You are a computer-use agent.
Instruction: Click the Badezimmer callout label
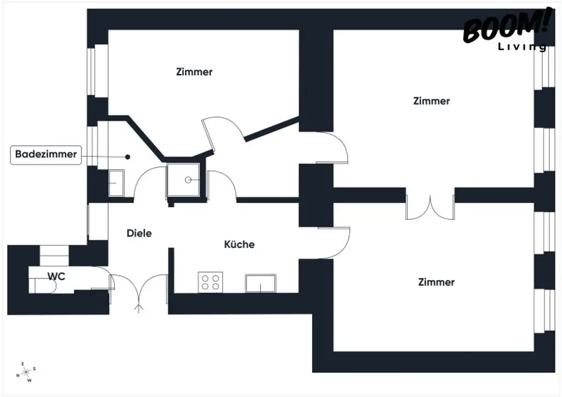tap(46, 155)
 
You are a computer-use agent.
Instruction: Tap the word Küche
tap(239, 245)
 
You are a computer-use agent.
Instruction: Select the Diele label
tap(139, 233)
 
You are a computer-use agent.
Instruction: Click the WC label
tap(56, 277)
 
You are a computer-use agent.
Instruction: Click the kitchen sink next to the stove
tap(261, 283)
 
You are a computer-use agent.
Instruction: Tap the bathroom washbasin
tap(117, 183)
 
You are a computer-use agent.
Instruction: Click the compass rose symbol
tap(26, 372)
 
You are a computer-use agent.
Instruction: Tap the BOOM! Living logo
tap(505, 30)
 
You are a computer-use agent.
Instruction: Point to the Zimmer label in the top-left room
tap(194, 72)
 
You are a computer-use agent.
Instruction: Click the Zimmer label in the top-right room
tap(431, 101)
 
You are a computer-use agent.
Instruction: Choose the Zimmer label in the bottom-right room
tap(436, 282)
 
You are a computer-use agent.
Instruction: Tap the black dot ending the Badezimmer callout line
tap(128, 157)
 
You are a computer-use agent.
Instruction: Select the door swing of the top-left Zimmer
tap(222, 133)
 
